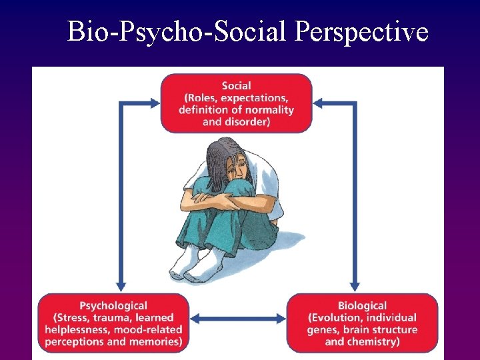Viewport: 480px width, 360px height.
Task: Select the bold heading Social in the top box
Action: click(x=236, y=85)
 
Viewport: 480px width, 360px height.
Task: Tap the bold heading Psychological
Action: click(x=113, y=305)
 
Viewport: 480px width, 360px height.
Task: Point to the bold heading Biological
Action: click(x=362, y=305)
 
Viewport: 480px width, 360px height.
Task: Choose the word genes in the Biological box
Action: click(x=323, y=329)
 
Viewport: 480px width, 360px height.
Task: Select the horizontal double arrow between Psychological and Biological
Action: click(x=238, y=319)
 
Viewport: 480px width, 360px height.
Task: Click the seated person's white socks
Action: click(x=190, y=265)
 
